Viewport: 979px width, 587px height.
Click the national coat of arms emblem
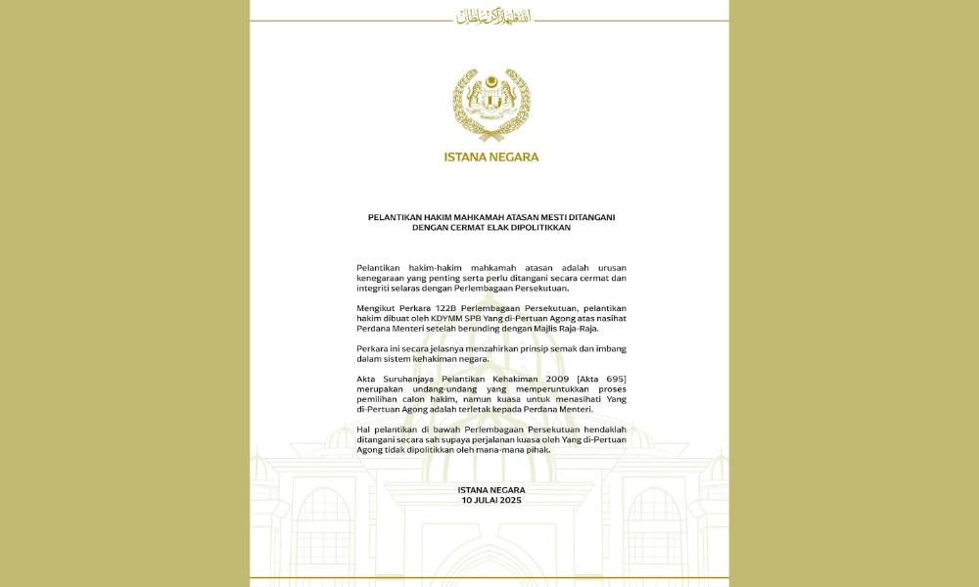pyautogui.click(x=491, y=106)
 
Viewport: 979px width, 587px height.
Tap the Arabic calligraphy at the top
pyautogui.click(x=490, y=16)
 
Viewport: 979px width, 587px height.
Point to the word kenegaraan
pyautogui.click(x=387, y=278)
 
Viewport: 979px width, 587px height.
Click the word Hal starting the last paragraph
pyautogui.click(x=363, y=429)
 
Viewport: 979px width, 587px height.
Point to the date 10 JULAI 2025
pyautogui.click(x=491, y=500)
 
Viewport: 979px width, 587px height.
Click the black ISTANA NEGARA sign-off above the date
pyautogui.click(x=491, y=490)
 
